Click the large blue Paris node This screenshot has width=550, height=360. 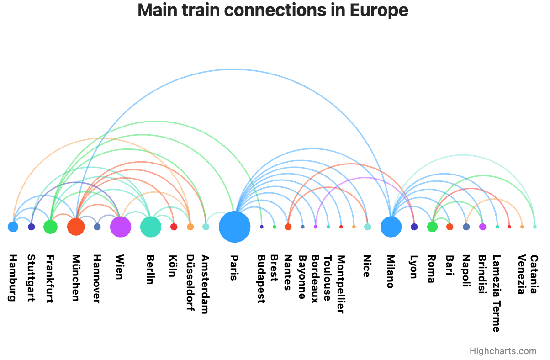click(234, 227)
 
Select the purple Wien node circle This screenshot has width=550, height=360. click(121, 227)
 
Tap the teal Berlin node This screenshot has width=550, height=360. click(150, 227)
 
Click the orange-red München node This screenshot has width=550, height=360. click(76, 227)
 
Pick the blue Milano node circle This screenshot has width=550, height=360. click(391, 227)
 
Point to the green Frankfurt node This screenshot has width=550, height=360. click(50, 227)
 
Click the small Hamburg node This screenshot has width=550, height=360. click(13, 227)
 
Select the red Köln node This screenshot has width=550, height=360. click(174, 227)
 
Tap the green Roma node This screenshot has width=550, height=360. click(432, 227)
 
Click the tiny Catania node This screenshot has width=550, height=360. click(535, 227)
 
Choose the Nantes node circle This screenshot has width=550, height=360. click(288, 227)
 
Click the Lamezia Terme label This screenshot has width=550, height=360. click(497, 293)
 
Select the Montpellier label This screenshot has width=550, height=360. click(341, 284)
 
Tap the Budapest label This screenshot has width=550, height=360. click(261, 279)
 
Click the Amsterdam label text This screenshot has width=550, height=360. click(205, 284)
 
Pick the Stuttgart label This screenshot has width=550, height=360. click(31, 278)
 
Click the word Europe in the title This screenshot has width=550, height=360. click(379, 10)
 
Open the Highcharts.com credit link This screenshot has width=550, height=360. click(503, 351)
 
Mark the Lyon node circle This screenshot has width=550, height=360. click(414, 227)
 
